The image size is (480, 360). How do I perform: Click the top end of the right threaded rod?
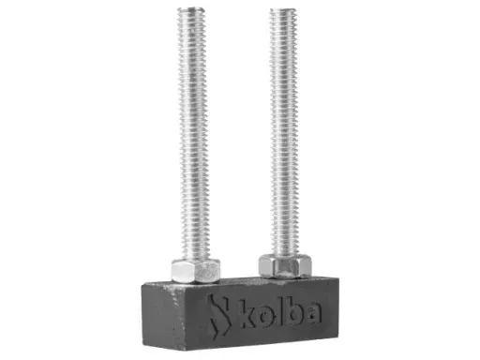(284, 14)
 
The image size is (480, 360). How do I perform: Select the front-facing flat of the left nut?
(196, 273)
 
